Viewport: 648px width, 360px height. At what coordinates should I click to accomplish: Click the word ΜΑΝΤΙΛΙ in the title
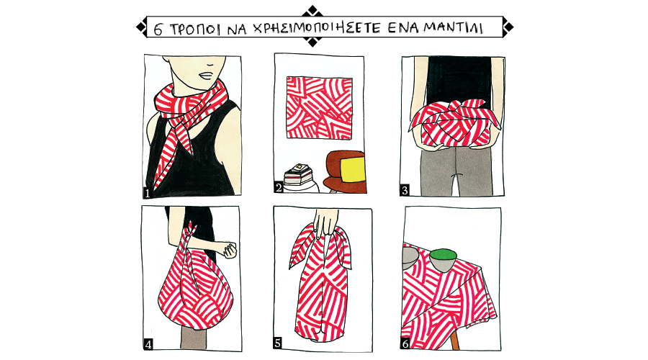click(x=454, y=28)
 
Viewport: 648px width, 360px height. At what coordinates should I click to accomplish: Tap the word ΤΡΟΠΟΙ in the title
click(x=195, y=30)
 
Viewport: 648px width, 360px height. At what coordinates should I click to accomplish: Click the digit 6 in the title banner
click(x=158, y=30)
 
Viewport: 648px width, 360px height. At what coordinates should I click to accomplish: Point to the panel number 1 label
click(x=147, y=193)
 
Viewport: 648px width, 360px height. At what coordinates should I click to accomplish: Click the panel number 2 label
click(x=279, y=188)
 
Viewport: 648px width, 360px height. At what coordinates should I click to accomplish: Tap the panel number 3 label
click(x=405, y=190)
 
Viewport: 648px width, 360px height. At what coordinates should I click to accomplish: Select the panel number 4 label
click(x=148, y=344)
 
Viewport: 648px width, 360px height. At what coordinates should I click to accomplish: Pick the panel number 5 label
click(x=278, y=343)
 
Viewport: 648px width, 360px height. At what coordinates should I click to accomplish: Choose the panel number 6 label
click(x=405, y=343)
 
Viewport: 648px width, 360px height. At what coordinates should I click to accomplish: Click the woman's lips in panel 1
click(x=207, y=76)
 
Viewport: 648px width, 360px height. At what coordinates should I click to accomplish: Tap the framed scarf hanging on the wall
click(x=320, y=107)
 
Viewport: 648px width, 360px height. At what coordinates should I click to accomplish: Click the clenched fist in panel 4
click(x=229, y=249)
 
